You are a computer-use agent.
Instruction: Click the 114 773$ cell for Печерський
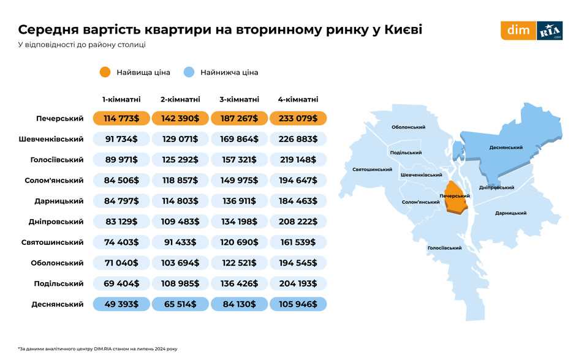point(121,119)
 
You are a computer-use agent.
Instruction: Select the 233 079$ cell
point(298,119)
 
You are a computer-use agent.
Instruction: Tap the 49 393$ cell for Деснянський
point(121,304)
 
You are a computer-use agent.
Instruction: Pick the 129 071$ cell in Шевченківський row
point(180,139)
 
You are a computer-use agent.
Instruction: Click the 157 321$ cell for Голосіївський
point(239,160)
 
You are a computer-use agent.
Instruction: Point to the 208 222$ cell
point(298,222)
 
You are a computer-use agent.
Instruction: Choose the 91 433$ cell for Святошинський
point(180,242)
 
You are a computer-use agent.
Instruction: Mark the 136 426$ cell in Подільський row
point(239,283)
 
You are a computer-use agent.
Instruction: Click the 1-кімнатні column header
point(121,99)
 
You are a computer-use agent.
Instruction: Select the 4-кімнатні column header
point(298,99)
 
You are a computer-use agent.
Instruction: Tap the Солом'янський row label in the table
point(54,181)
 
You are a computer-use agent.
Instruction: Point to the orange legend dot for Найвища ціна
point(104,72)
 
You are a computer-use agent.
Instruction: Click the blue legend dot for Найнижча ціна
point(189,72)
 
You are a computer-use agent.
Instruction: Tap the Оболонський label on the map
point(408,127)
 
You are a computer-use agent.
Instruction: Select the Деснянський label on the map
point(506,148)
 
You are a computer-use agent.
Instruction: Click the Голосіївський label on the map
point(444,248)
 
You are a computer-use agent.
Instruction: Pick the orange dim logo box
point(518,31)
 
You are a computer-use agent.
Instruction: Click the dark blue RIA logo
point(550,31)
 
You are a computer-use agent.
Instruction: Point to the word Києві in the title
point(398,29)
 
